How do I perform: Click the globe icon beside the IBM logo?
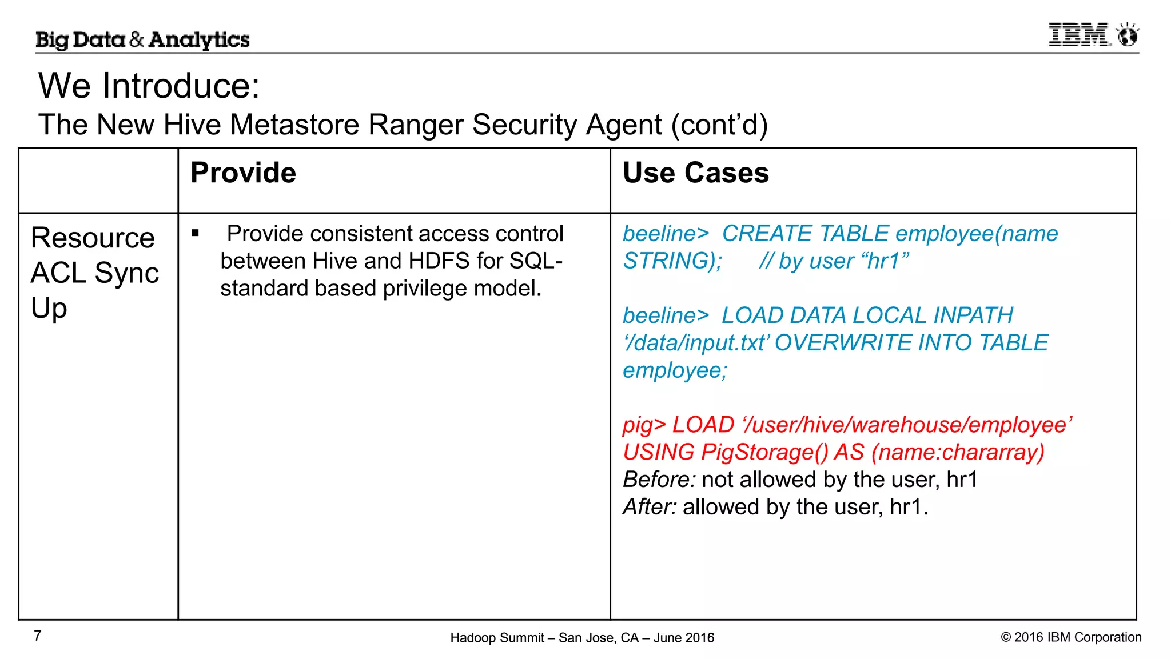click(1128, 36)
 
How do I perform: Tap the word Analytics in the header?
click(199, 40)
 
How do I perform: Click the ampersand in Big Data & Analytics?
click(137, 39)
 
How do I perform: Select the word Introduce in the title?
click(181, 86)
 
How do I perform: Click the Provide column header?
click(243, 173)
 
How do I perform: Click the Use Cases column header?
click(695, 173)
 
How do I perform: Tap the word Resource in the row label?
click(93, 238)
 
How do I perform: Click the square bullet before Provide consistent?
click(196, 233)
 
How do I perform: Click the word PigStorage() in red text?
click(764, 452)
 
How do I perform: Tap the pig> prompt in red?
click(644, 425)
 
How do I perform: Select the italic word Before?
click(659, 480)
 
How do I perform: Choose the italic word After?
click(650, 507)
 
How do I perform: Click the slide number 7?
click(38, 636)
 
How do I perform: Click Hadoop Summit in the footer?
click(497, 638)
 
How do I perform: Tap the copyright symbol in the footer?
click(1006, 637)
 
